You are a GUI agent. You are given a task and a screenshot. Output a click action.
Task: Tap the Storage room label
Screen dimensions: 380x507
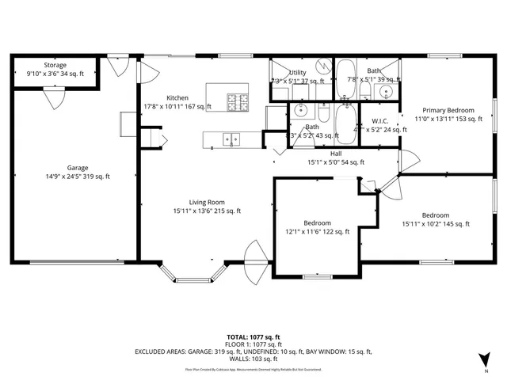point(55,65)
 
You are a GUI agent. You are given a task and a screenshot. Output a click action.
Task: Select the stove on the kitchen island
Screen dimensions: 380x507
point(237,101)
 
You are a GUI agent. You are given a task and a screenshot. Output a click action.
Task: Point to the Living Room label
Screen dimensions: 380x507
point(207,202)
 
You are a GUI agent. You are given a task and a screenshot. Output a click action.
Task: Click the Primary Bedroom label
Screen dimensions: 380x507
point(448,110)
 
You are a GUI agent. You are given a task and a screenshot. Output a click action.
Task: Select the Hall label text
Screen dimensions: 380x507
point(336,153)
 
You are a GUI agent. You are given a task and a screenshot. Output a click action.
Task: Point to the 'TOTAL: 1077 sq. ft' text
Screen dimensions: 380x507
point(253,336)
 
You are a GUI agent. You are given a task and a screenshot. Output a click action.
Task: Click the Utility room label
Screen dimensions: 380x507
point(298,72)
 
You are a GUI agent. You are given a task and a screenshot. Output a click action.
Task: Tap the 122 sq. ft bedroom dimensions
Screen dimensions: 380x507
point(317,232)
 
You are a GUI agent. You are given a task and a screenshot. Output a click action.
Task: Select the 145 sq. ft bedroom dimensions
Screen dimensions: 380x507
point(436,224)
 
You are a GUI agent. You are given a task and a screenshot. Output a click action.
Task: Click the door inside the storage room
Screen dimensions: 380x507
point(54,97)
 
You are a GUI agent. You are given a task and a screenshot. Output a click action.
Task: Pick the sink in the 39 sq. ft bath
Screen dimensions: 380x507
point(386,92)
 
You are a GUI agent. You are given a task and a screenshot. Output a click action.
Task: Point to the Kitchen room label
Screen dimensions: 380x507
point(177,98)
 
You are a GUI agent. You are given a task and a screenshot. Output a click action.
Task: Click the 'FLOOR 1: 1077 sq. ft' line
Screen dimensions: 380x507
point(253,344)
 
